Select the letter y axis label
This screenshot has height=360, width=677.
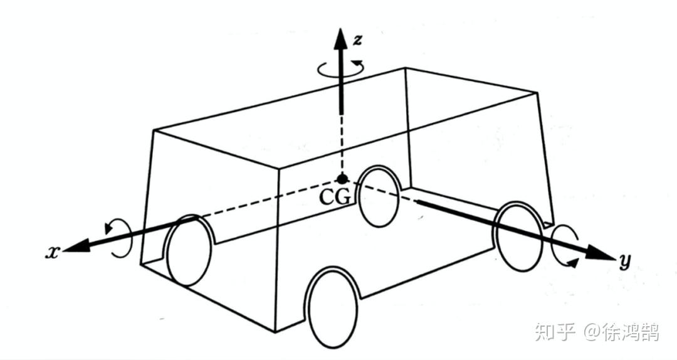tap(624, 261)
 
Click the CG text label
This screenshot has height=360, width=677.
tap(335, 197)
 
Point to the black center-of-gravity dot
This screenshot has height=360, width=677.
tap(341, 179)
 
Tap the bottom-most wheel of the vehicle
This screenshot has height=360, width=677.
tap(333, 307)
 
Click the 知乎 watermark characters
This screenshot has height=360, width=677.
tap(555, 331)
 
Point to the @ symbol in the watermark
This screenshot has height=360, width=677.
tap(593, 331)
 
